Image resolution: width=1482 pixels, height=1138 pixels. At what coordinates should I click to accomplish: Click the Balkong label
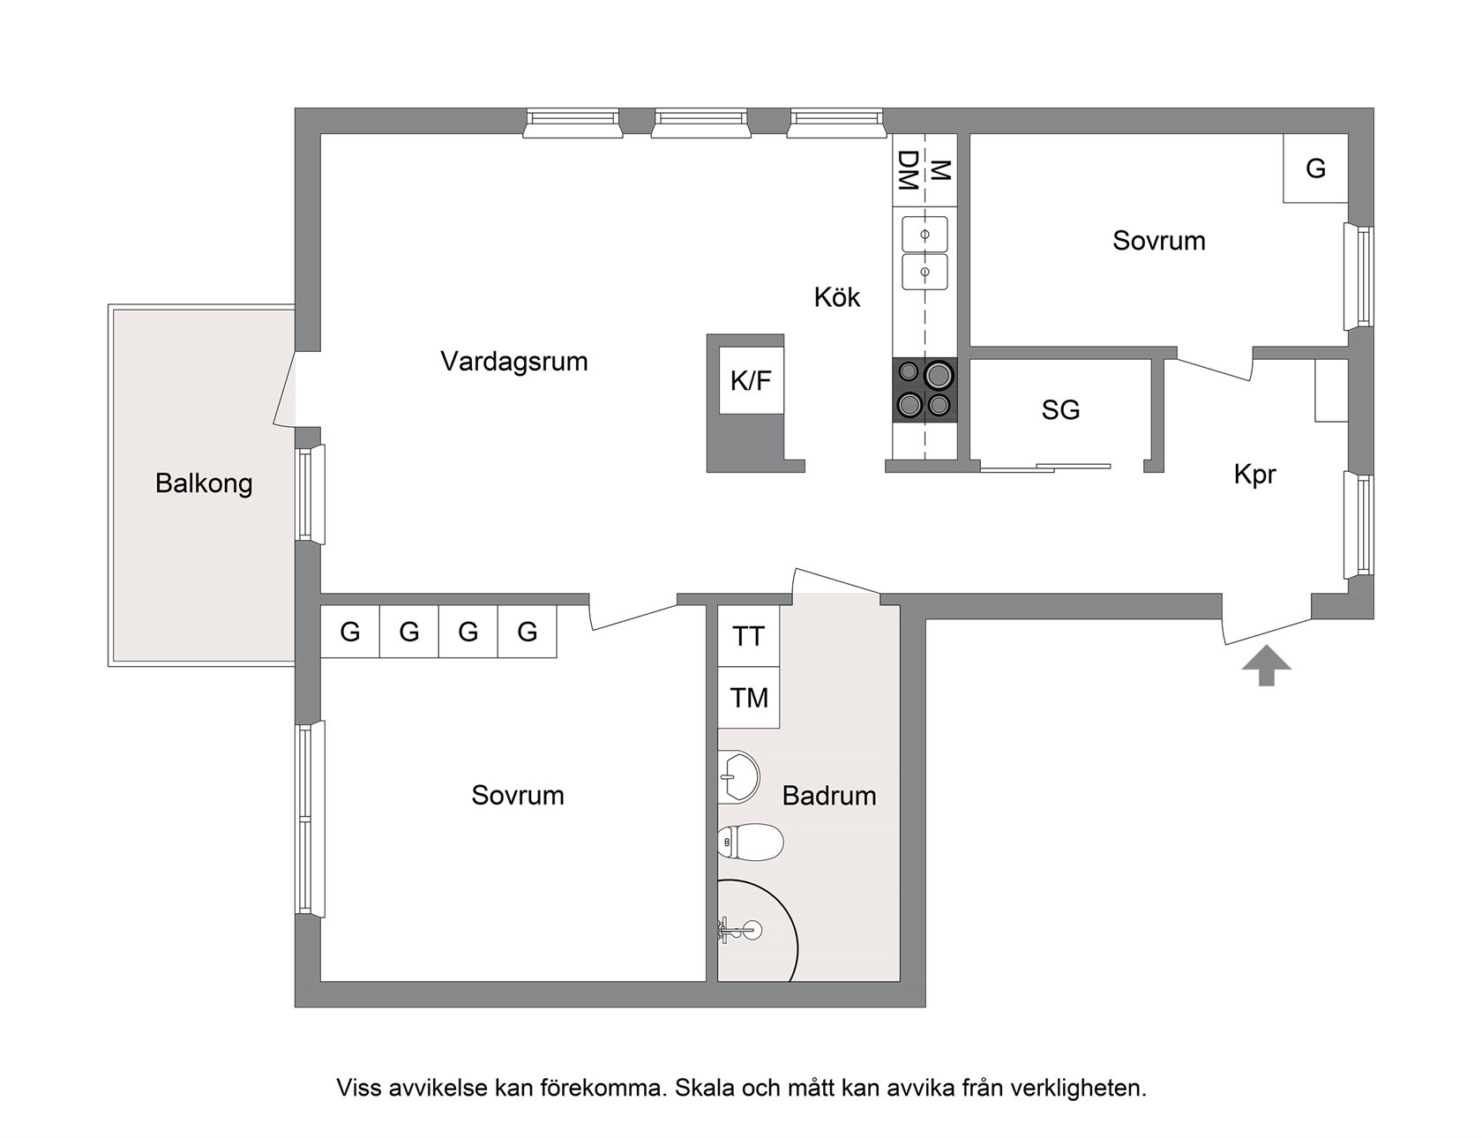click(204, 483)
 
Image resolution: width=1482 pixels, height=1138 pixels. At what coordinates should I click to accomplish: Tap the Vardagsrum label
click(514, 362)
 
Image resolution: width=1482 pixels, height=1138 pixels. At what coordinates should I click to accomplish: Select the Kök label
click(837, 297)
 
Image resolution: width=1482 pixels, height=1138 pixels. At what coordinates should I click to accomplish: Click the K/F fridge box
click(752, 381)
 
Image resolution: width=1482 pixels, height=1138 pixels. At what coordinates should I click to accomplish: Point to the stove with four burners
click(924, 389)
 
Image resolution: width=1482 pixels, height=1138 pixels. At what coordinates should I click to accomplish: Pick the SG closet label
click(1060, 410)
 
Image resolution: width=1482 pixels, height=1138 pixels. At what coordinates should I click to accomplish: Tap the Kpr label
click(1254, 475)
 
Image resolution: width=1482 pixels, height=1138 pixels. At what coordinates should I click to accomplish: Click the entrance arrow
click(1267, 665)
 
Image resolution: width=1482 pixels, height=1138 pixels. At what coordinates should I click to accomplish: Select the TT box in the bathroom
click(749, 636)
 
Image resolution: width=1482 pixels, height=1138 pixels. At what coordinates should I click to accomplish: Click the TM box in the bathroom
click(749, 698)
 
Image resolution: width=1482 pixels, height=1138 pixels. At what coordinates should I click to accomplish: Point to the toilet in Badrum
click(751, 842)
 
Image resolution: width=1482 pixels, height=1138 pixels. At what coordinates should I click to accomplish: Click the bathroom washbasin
click(738, 777)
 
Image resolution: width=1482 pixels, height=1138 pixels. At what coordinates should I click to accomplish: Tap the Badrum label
click(829, 796)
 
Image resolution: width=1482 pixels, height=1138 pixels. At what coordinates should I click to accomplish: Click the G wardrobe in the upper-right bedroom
click(1315, 168)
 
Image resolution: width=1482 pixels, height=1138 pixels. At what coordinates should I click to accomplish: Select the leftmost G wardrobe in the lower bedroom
click(350, 632)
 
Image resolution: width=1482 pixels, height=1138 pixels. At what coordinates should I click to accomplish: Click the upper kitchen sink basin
click(924, 235)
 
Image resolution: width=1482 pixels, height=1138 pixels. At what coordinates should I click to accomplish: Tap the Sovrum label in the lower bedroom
click(518, 796)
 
